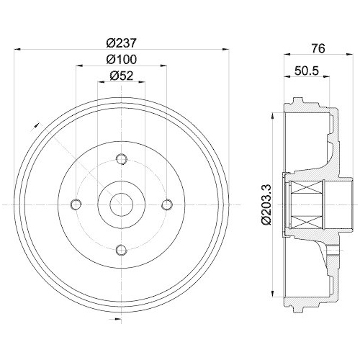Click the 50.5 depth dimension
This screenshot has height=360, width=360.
click(307, 71)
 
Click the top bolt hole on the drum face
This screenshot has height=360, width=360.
click(122, 160)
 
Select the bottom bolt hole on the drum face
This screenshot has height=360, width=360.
click(122, 250)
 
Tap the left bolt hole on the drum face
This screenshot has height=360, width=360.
click(77, 205)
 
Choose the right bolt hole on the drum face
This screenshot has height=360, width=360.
click(167, 205)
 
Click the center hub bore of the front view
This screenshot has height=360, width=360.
click(122, 205)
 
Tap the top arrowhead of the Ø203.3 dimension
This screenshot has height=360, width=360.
click(275, 116)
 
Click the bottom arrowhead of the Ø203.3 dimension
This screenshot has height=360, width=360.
click(275, 294)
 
